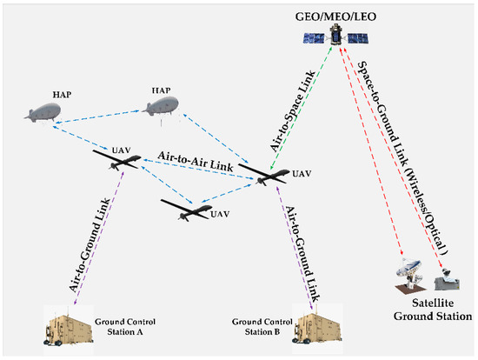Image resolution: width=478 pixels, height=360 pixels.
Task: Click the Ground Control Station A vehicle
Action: pos(75,330)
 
